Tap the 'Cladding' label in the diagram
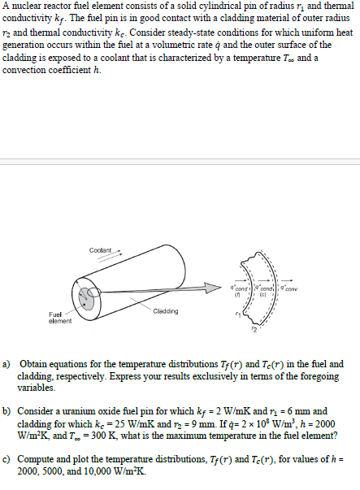(165, 311)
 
